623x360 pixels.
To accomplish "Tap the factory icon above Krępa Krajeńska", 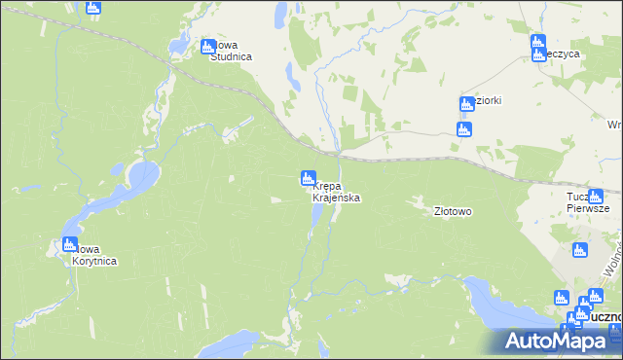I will (x=308, y=179).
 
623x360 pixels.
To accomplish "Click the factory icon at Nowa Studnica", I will (x=207, y=47).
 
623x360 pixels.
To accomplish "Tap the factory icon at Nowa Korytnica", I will (x=69, y=245).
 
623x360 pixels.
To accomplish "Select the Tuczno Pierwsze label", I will (x=588, y=201).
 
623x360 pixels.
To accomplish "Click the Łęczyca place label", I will (x=564, y=54).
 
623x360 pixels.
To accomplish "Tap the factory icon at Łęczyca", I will (x=537, y=43).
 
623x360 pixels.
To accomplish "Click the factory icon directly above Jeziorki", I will (x=466, y=105).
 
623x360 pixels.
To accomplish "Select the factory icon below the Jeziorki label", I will (x=464, y=129).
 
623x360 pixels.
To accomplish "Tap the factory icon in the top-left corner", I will (x=93, y=9).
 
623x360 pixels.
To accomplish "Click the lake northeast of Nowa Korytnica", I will (x=139, y=177).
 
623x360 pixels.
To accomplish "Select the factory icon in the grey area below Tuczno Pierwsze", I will (x=580, y=251).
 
